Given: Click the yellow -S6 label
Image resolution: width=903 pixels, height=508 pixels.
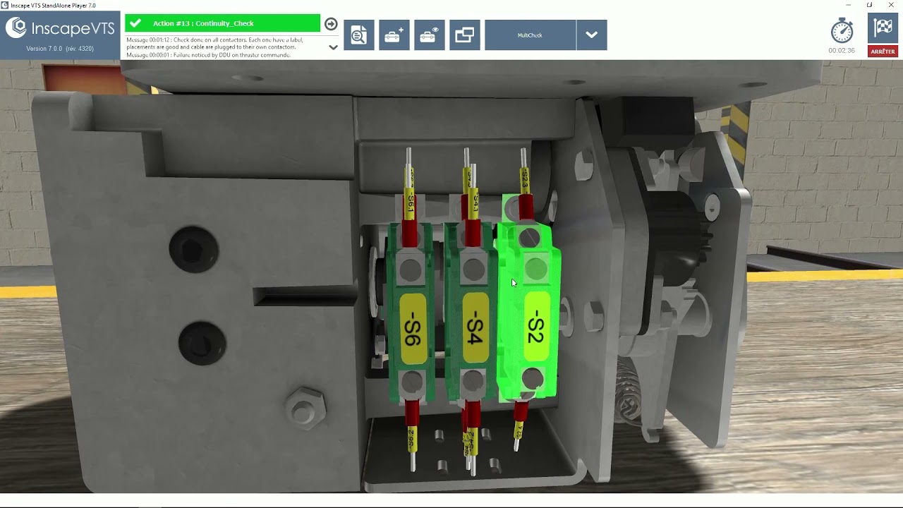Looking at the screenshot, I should (x=413, y=329).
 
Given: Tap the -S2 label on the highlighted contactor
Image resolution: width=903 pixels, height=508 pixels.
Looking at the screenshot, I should (x=535, y=327).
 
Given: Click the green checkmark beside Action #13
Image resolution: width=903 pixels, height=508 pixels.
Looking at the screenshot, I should (x=135, y=23).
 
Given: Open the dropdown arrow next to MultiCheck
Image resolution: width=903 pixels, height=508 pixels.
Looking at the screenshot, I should (x=591, y=35).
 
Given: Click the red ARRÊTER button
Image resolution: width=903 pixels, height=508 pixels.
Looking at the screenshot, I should (x=883, y=52).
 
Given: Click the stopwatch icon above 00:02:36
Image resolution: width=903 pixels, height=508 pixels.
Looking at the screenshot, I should (x=842, y=30).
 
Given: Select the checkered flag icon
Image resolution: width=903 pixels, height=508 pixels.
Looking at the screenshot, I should (x=883, y=28).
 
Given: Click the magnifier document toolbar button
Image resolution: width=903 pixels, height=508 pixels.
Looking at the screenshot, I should (x=359, y=35).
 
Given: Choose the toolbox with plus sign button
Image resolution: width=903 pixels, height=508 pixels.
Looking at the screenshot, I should (x=394, y=35).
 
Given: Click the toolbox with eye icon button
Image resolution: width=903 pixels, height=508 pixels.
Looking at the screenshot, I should (x=429, y=35).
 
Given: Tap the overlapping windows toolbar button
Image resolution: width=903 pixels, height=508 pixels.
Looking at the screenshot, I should (x=465, y=35).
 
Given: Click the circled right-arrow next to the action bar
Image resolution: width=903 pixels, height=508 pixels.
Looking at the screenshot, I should (x=331, y=24).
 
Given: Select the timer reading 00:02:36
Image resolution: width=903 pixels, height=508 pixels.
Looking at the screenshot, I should (x=842, y=51).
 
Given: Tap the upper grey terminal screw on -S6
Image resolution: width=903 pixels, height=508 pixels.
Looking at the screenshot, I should (x=410, y=269).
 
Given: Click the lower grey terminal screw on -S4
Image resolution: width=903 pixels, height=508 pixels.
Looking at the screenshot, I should (x=473, y=382).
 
